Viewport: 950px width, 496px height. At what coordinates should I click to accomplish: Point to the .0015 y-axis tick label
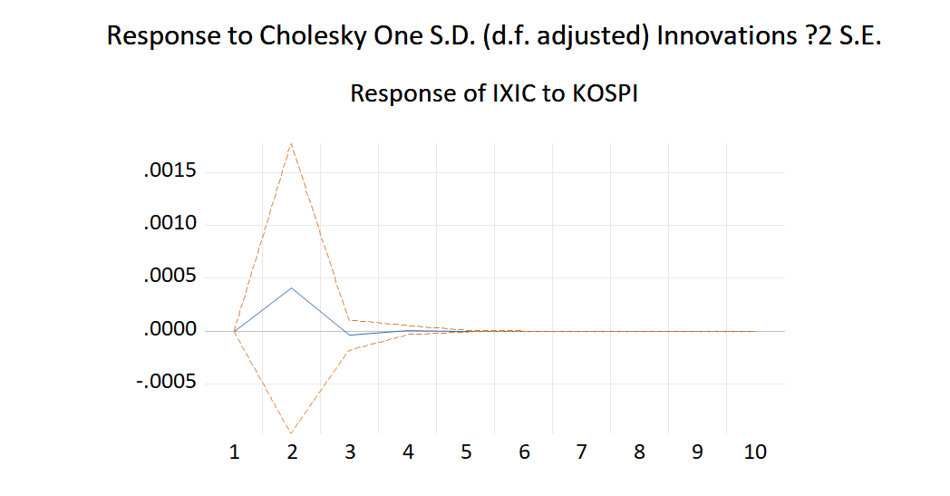pyautogui.click(x=171, y=171)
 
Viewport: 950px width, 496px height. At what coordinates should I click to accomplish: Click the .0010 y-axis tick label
pyautogui.click(x=171, y=224)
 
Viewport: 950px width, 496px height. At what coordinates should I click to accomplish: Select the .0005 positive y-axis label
pyautogui.click(x=171, y=277)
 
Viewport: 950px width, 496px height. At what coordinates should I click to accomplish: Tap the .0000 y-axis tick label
pyautogui.click(x=171, y=330)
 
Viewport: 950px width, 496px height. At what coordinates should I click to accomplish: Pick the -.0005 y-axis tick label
pyautogui.click(x=168, y=383)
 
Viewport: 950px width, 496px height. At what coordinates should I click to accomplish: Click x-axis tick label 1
pyautogui.click(x=234, y=452)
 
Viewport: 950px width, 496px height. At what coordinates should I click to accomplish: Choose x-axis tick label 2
pyautogui.click(x=292, y=452)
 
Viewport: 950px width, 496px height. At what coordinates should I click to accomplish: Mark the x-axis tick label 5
pyautogui.click(x=466, y=452)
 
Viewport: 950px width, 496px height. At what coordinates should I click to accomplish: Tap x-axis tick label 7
pyautogui.click(x=582, y=452)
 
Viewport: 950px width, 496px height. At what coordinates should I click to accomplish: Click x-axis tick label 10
pyautogui.click(x=755, y=452)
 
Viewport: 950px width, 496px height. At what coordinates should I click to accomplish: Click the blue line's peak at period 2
pyautogui.click(x=292, y=287)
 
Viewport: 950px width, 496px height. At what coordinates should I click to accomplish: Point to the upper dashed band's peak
pyautogui.click(x=292, y=143)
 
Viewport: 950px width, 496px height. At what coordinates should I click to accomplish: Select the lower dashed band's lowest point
pyautogui.click(x=292, y=432)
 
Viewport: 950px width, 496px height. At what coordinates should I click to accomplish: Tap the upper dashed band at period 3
pyautogui.click(x=350, y=319)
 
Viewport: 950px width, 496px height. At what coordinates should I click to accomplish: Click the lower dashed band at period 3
pyautogui.click(x=350, y=350)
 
